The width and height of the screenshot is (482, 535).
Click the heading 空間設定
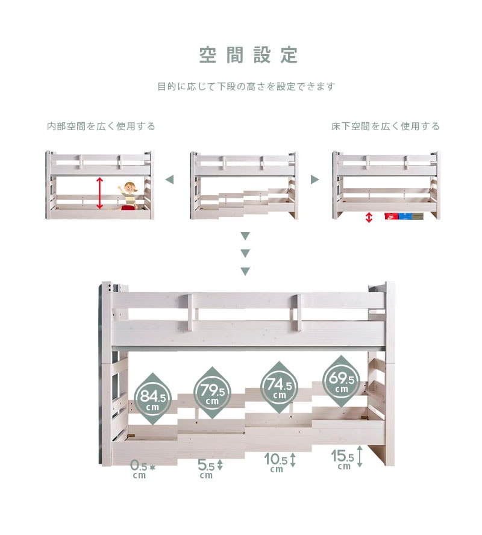248,55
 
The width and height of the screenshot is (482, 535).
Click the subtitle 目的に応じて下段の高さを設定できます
246,87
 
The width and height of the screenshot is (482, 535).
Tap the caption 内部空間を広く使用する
101,127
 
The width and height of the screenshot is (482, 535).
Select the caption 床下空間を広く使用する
386,127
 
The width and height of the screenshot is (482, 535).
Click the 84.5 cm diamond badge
152,399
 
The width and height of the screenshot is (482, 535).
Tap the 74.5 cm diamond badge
279,387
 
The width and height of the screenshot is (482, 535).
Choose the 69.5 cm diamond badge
341,381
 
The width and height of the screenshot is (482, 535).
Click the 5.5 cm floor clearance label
210,469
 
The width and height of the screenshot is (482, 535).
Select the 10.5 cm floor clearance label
280,463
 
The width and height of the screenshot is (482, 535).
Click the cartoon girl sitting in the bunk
128,196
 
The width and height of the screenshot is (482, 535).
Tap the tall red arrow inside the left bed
99,193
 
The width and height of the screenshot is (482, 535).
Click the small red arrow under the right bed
369,217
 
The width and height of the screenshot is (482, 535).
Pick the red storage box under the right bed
392,216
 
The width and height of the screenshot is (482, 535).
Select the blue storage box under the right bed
405,216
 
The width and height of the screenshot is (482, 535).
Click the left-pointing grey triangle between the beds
169,180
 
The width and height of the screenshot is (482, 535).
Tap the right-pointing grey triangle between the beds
315,180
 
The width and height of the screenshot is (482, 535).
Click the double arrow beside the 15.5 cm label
359,457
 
